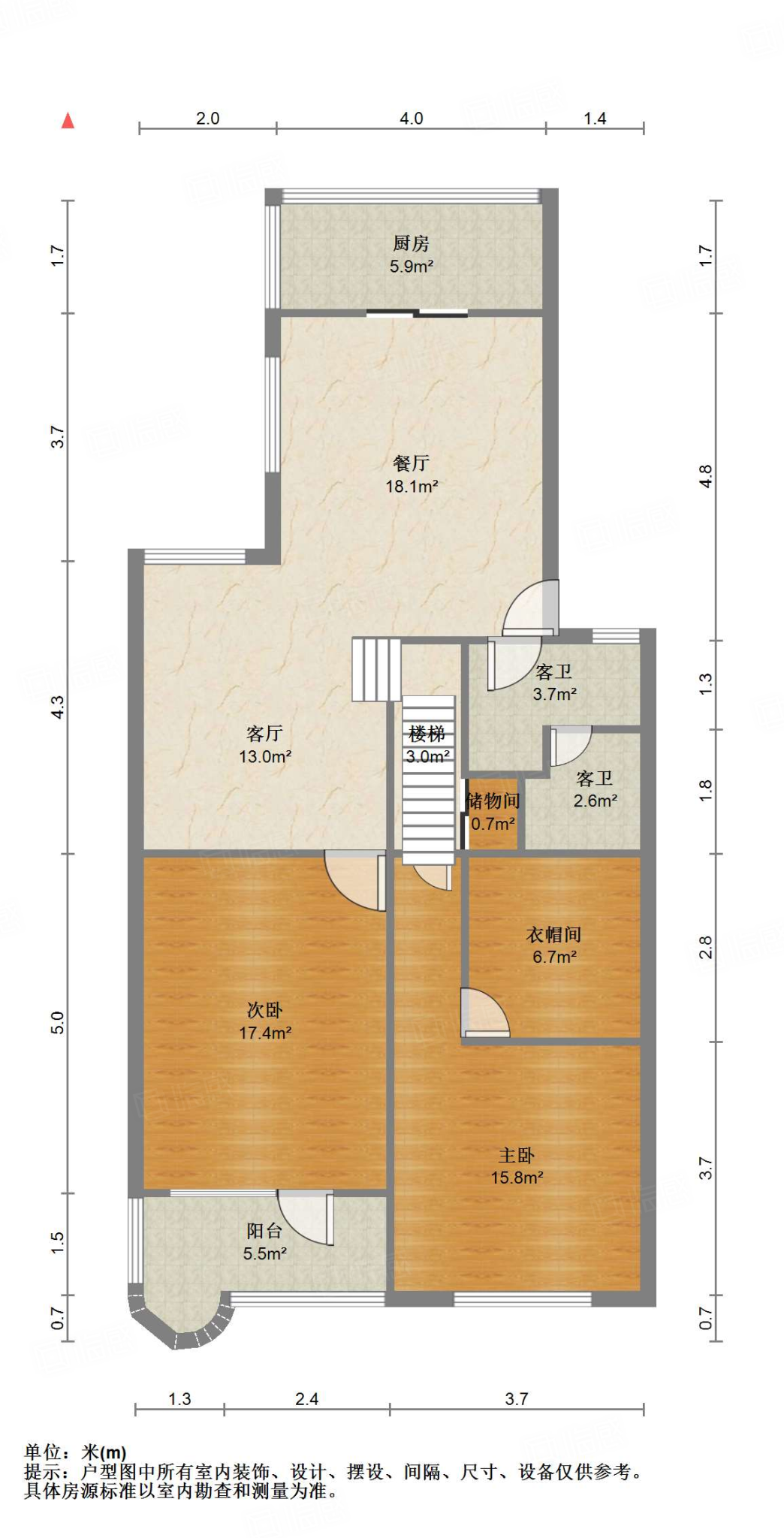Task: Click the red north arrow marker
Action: pos(68,121)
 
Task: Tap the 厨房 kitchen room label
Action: pos(411,244)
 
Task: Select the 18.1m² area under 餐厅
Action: pos(412,487)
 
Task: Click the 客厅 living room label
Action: pos(264,733)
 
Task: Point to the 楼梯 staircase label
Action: pos(427,734)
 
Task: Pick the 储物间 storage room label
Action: pos(493,801)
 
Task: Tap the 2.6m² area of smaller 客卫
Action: pos(595,801)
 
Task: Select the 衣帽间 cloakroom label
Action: pos(553,935)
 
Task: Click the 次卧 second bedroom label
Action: pos(264,1010)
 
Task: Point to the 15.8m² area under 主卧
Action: pos(517,1178)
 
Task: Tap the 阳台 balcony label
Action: pos(264,1231)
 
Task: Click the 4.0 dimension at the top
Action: pos(411,119)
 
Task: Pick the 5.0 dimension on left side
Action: pos(58,1022)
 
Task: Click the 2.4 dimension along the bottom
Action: pos(306,1399)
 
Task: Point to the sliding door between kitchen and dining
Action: pos(417,313)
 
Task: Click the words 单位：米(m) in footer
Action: pos(75,1452)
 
